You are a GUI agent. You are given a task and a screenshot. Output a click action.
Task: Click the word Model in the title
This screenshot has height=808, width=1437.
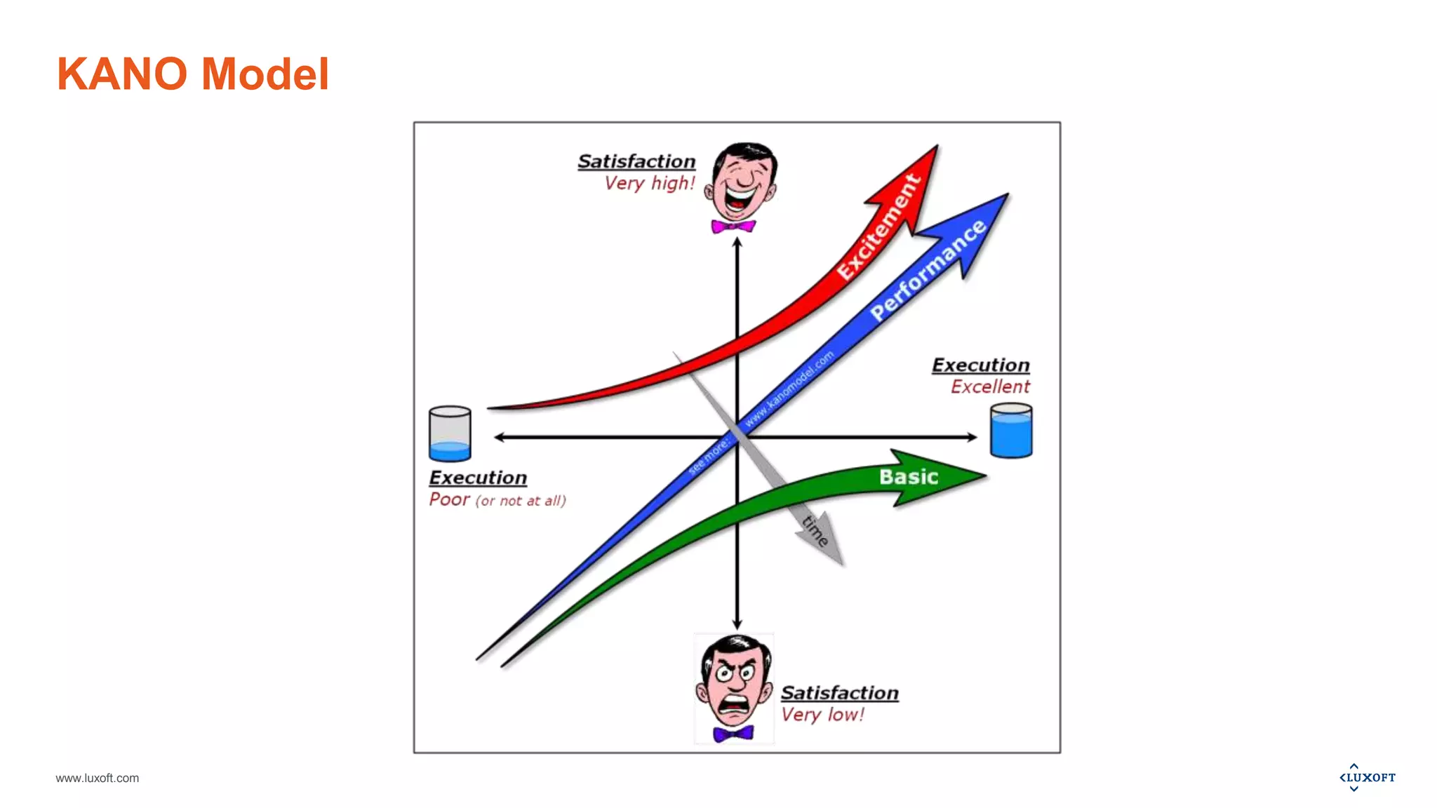265,74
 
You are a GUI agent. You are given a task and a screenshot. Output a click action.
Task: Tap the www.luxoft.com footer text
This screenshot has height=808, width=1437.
97,778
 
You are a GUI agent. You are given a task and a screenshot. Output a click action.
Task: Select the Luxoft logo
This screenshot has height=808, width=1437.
1367,777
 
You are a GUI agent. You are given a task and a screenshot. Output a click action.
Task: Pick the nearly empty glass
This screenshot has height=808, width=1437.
450,433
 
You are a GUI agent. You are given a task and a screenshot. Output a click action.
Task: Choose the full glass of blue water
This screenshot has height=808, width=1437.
1011,431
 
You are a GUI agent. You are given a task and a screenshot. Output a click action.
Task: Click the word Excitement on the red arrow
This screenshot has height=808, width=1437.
878,227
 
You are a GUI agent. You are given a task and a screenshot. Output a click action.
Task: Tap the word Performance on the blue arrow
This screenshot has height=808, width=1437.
928,270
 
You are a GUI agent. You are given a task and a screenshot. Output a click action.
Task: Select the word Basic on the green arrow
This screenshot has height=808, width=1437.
909,477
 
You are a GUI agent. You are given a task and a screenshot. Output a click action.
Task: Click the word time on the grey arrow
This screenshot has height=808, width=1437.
815,530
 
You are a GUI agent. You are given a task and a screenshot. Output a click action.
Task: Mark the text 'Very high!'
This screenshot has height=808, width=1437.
650,184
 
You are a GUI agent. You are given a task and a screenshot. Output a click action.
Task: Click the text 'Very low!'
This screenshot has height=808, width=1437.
822,715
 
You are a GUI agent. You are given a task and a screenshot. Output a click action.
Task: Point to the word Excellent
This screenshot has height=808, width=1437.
990,386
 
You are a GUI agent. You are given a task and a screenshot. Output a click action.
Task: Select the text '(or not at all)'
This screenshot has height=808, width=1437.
521,501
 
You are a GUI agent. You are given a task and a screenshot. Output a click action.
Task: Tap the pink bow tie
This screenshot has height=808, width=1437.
733,227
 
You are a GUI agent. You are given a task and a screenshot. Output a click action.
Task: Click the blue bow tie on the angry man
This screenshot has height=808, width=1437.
733,734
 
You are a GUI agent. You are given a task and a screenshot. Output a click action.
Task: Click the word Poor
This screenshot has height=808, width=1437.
449,499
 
